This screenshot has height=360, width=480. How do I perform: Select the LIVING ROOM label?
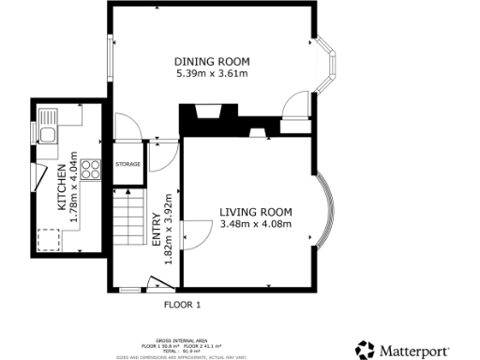coord(255,212)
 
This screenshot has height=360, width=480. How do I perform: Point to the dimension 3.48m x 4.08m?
coord(255,224)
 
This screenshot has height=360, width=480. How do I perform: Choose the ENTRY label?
coord(157,231)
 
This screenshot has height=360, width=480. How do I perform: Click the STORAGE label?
coord(128,165)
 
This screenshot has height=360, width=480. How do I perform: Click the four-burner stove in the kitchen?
coord(92,170)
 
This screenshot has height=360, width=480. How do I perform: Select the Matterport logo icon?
coord(365,350)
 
